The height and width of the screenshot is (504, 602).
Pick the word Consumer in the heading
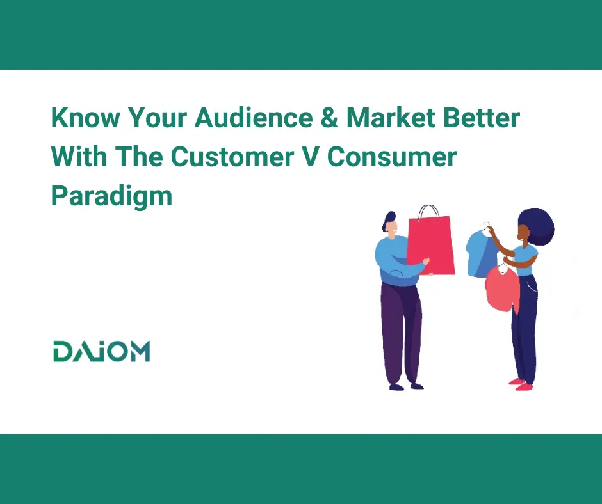pyautogui.click(x=392, y=157)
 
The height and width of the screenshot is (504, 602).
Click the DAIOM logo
pyautogui.click(x=102, y=351)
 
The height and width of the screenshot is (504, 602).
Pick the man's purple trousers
pyautogui.click(x=401, y=333)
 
